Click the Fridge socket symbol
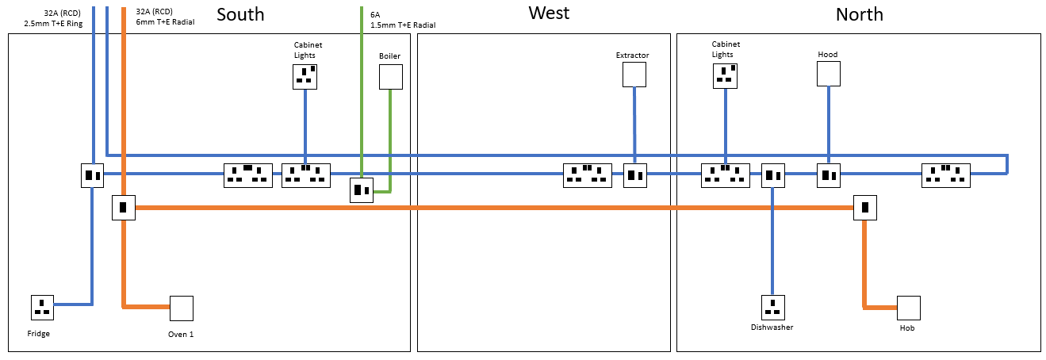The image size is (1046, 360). point(42,306)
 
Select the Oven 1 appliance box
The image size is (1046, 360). point(181,308)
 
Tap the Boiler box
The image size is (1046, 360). point(390,77)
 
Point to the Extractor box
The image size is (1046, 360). point(634,75)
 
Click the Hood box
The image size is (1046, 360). point(828,74)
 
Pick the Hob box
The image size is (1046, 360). point(908,308)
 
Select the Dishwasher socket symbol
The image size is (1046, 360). point(772,306)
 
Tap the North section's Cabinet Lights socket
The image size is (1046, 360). point(724,75)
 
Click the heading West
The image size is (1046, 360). point(549,13)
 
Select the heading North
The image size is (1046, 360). point(859,14)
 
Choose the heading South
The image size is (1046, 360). point(240,14)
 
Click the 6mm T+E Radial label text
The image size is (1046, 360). point(165,22)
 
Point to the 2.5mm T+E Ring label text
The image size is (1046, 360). point(54,22)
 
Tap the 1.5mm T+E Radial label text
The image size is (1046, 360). point(403,25)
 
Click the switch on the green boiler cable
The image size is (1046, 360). point(362,190)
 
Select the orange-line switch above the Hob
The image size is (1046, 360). point(865,208)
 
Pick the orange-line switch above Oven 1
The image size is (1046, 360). point(123,208)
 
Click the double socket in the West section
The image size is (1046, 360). point(587,175)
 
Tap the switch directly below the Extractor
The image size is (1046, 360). point(635,175)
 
